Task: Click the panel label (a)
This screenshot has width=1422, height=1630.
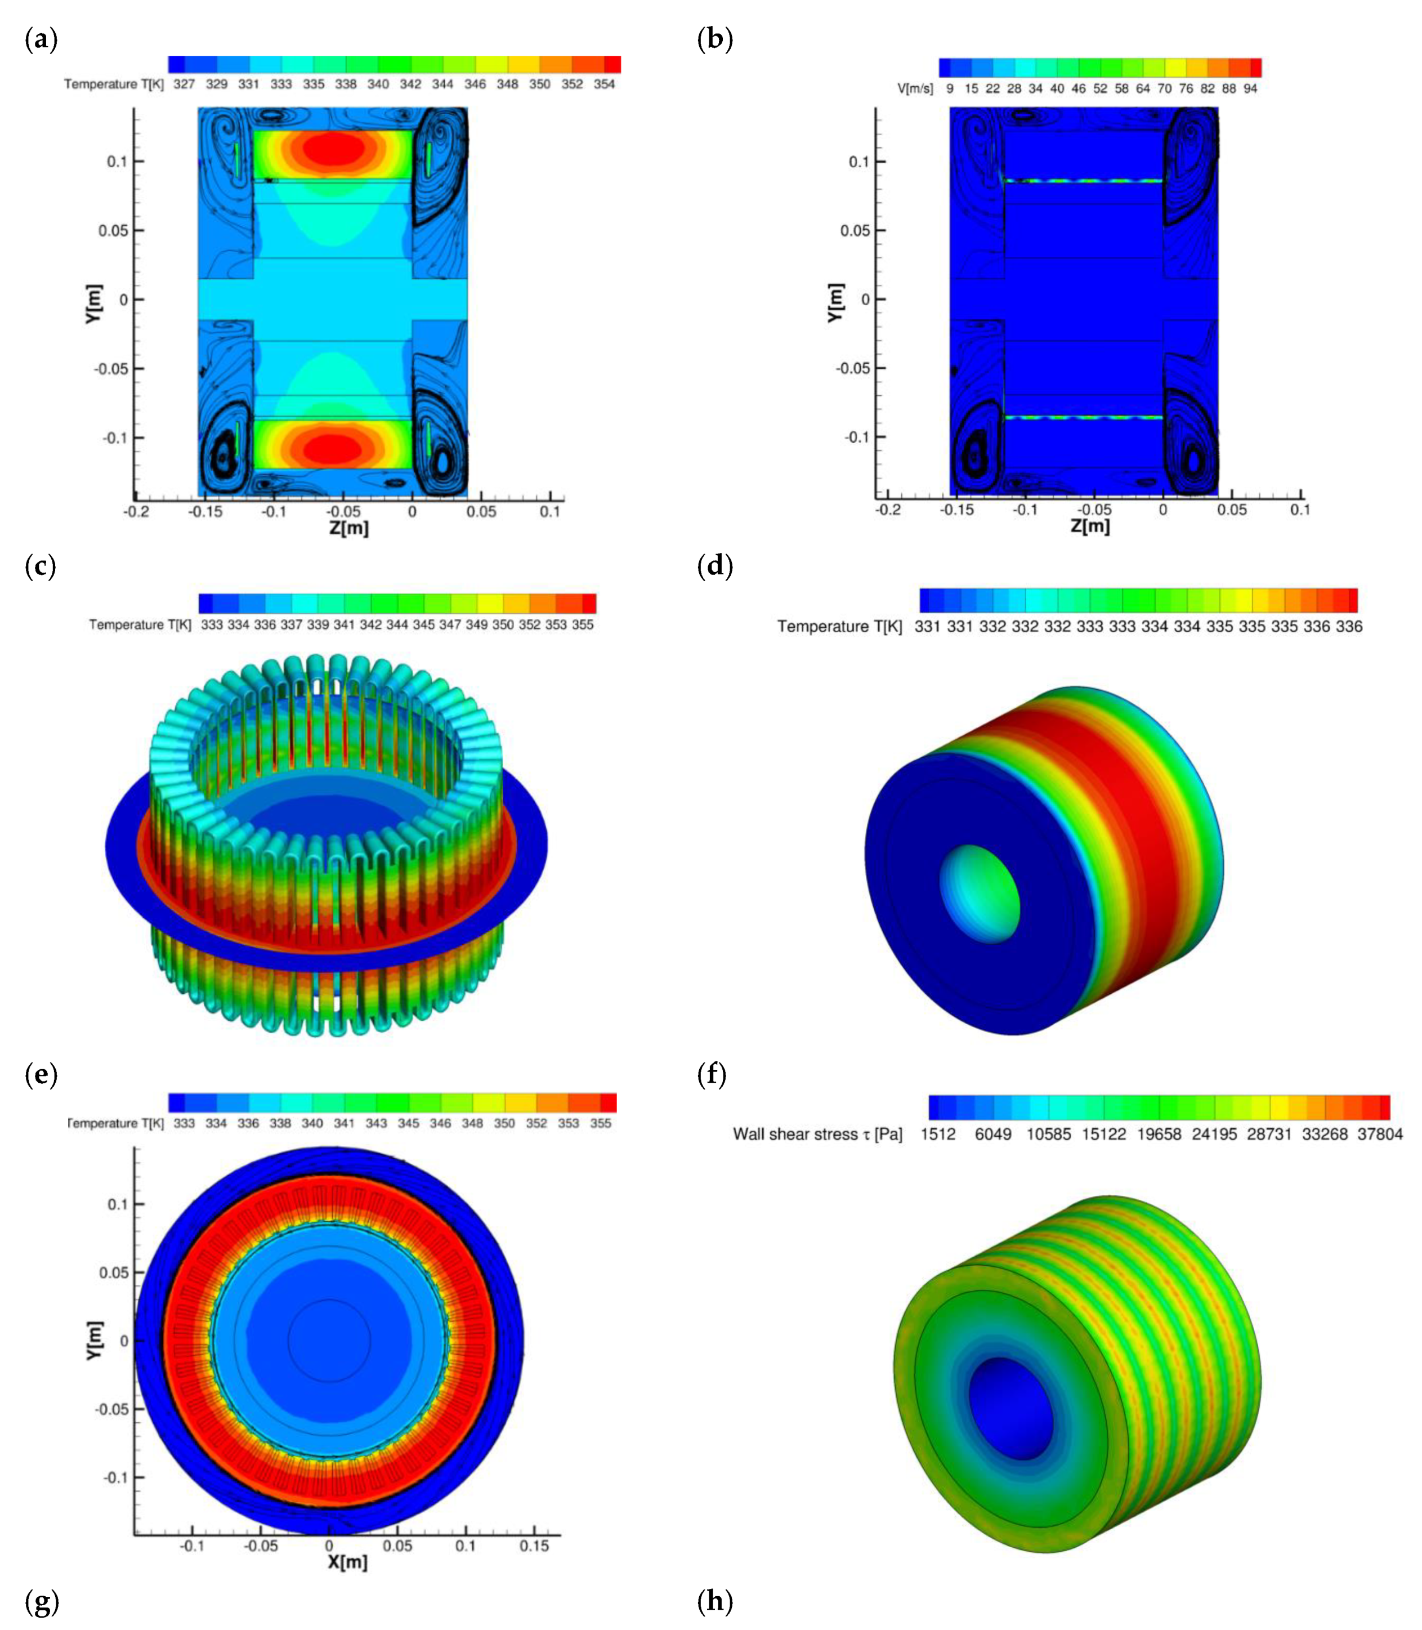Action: (x=41, y=39)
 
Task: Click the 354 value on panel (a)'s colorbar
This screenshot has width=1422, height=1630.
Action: (x=604, y=84)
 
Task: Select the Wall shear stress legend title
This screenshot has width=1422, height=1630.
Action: (x=817, y=1134)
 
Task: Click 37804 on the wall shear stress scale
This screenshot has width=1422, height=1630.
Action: (x=1380, y=1134)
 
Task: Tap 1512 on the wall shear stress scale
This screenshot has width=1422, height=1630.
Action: (x=938, y=1134)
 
